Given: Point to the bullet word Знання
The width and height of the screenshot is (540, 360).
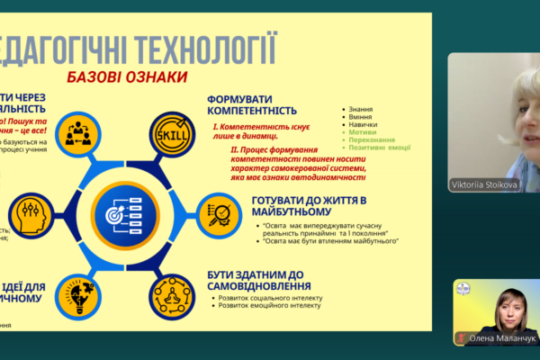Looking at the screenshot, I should [x=363, y=109].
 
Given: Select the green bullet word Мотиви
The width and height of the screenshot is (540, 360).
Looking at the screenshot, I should [x=363, y=131].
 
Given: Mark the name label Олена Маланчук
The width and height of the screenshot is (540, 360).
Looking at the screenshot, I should [x=496, y=338].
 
